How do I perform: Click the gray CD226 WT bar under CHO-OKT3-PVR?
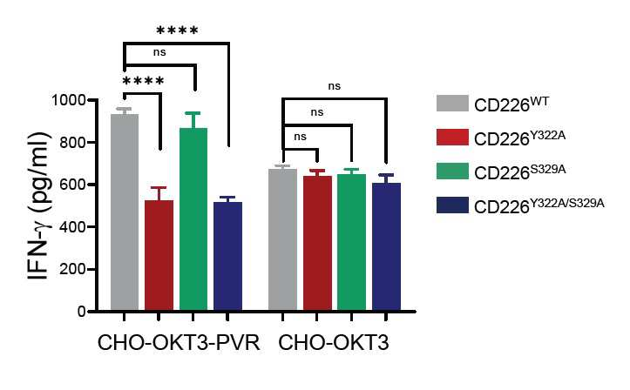(125, 212)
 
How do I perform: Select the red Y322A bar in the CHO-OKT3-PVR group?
(159, 255)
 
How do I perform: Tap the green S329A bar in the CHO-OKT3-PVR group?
(193, 219)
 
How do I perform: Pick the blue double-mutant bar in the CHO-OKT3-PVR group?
(227, 257)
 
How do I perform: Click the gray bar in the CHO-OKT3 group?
(283, 239)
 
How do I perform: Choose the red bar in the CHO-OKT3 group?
(317, 243)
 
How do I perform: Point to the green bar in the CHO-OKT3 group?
(351, 242)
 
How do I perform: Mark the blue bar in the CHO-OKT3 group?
(387, 246)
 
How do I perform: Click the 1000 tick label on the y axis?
(68, 99)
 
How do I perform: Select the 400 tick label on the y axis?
(72, 226)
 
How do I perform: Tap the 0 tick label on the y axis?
(82, 312)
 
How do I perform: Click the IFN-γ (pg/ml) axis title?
(39, 205)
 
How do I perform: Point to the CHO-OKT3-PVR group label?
(179, 343)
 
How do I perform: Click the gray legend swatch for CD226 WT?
(452, 103)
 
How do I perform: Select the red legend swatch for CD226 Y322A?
(452, 138)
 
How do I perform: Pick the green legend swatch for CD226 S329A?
(452, 171)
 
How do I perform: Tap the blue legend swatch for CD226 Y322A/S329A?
(452, 205)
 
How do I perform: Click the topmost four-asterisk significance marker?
(177, 30)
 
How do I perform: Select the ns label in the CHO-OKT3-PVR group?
(159, 52)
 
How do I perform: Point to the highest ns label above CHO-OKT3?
(335, 86)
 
